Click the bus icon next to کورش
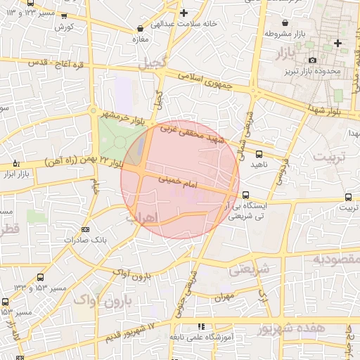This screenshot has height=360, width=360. point(65,16)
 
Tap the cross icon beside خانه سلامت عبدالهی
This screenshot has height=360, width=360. point(184,13)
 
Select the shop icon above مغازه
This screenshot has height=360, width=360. point(141,29)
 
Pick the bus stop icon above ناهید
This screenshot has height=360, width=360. point(259,153)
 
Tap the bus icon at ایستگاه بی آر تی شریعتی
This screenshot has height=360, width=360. point(245,195)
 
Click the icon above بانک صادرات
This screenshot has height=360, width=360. point(85,229)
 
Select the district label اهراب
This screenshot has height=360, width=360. point(144,215)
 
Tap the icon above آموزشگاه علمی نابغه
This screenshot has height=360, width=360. point(201,326)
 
